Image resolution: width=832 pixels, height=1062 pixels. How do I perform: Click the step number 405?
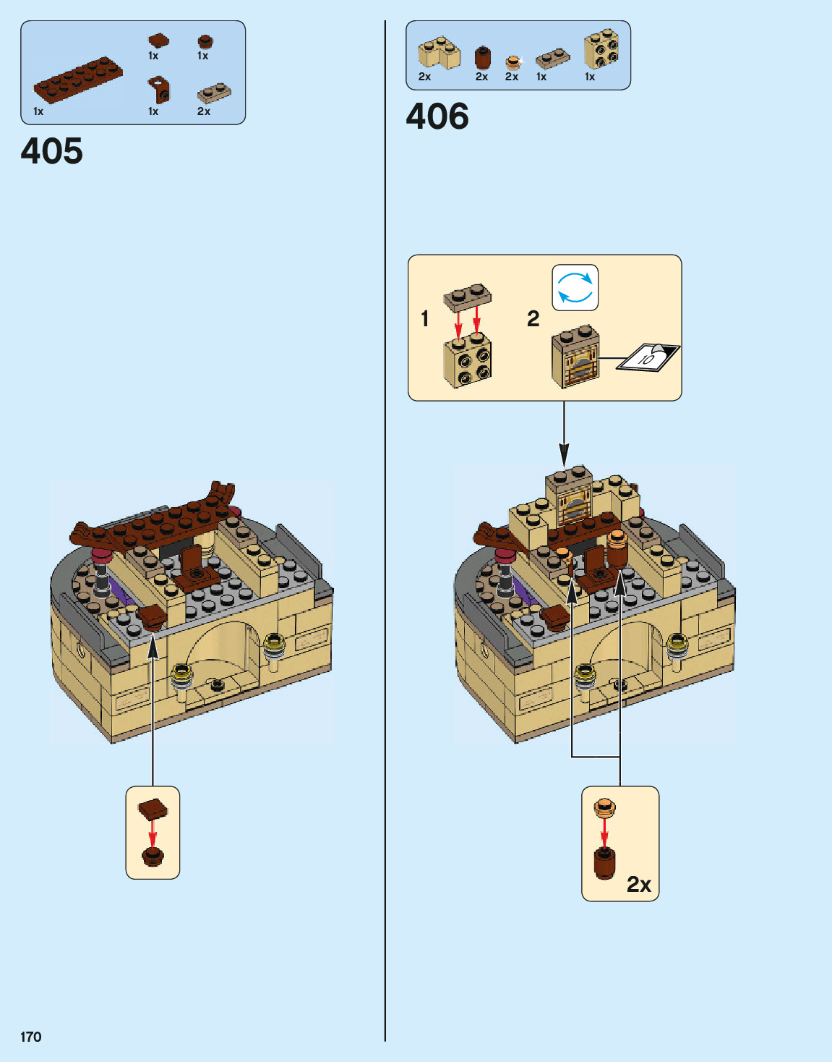point(52,151)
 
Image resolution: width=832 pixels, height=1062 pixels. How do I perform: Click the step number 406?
point(437,116)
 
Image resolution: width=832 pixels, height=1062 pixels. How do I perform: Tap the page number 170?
point(31,1037)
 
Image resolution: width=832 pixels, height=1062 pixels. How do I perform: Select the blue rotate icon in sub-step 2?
point(575,287)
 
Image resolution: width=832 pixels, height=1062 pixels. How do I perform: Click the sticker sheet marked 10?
point(648,357)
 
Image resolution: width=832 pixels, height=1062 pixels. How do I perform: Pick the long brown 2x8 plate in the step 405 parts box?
point(78,80)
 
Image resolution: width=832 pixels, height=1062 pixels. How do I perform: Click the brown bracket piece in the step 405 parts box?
point(159,90)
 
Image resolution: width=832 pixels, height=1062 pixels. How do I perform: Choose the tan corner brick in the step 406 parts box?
point(439,53)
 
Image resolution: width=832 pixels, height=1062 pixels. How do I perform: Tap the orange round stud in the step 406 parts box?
point(513,62)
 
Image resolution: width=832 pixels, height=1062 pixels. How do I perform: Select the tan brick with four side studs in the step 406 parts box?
point(601,49)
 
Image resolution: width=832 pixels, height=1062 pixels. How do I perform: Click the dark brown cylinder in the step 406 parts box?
point(482,58)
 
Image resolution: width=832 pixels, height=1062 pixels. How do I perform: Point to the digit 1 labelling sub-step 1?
point(425,318)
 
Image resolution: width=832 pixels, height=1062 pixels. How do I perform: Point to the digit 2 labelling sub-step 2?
point(533,318)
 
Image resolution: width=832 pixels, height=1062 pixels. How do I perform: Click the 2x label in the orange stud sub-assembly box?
point(639,884)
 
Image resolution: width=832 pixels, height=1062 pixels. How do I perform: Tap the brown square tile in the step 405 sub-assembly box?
point(153,809)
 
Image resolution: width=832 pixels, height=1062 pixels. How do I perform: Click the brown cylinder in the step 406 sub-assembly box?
point(605,862)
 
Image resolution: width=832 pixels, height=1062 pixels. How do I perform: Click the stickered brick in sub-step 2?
point(575,357)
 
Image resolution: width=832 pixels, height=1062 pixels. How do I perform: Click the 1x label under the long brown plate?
point(38,111)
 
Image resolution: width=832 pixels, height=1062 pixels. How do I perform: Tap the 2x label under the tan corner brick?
point(424,77)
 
